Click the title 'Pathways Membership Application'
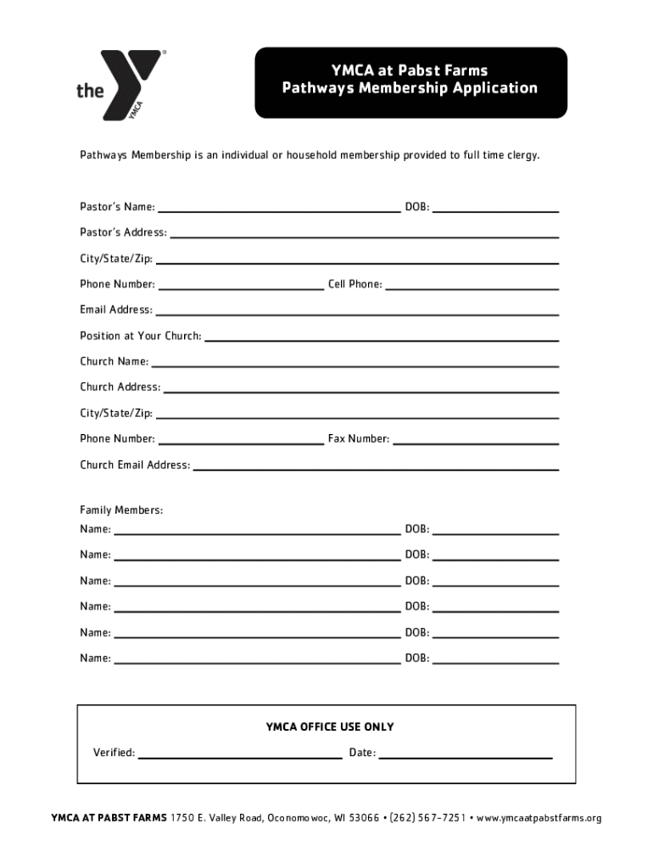410,88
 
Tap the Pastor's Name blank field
279,206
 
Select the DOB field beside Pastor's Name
495,206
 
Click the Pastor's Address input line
364,232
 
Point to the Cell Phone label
354,284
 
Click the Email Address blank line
357,309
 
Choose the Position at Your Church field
382,336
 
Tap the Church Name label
114,361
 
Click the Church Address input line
360,387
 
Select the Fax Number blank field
476,439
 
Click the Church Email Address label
135,465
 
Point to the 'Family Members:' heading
121,510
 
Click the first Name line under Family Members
257,530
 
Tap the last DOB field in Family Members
495,659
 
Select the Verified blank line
240,753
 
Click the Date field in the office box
466,753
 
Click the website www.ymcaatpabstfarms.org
539,818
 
